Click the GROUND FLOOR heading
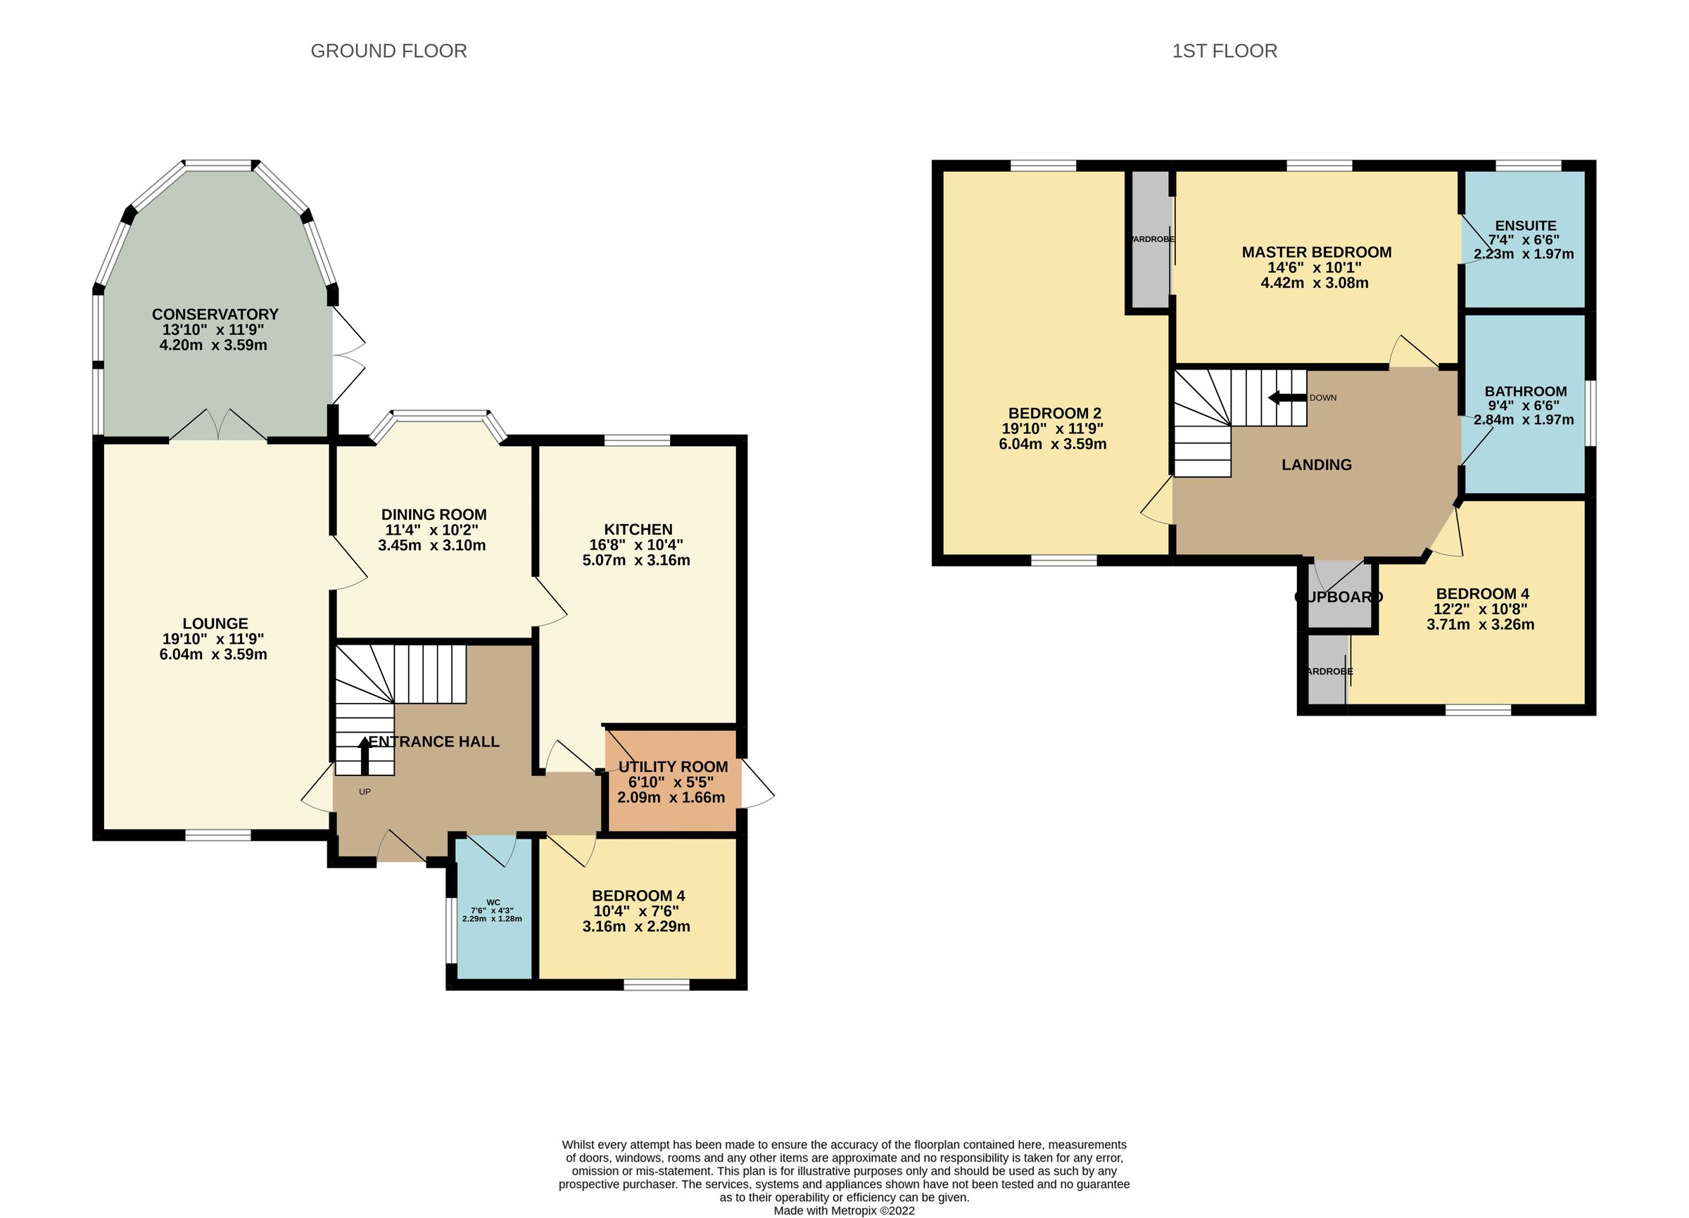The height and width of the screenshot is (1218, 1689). click(x=388, y=51)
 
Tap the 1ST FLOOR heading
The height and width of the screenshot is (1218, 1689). click(x=1225, y=51)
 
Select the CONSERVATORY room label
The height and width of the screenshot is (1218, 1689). click(x=215, y=315)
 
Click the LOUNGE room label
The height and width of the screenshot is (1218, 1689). click(x=215, y=623)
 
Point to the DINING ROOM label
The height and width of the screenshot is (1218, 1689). click(x=434, y=514)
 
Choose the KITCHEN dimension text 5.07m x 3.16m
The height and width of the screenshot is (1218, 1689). click(x=636, y=560)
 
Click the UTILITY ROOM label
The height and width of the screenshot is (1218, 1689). click(x=673, y=767)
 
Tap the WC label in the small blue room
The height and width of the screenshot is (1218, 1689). click(x=492, y=902)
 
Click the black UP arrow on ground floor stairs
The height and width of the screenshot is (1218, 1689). click(x=364, y=755)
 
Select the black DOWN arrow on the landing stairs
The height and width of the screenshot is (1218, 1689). click(x=1287, y=398)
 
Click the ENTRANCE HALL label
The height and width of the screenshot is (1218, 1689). click(x=434, y=742)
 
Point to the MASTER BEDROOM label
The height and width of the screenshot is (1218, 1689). click(x=1316, y=253)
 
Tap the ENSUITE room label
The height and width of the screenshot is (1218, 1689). click(x=1525, y=226)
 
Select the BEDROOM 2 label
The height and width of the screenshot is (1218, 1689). click(x=1054, y=413)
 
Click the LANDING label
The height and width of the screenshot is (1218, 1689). click(x=1316, y=464)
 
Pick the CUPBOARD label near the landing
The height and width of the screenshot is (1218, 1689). click(x=1339, y=597)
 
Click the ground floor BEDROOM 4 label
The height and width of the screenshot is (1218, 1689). click(x=638, y=896)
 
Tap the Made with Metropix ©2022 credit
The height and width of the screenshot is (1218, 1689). click(x=844, y=1210)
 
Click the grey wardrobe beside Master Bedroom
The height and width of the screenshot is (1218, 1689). click(x=1151, y=239)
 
